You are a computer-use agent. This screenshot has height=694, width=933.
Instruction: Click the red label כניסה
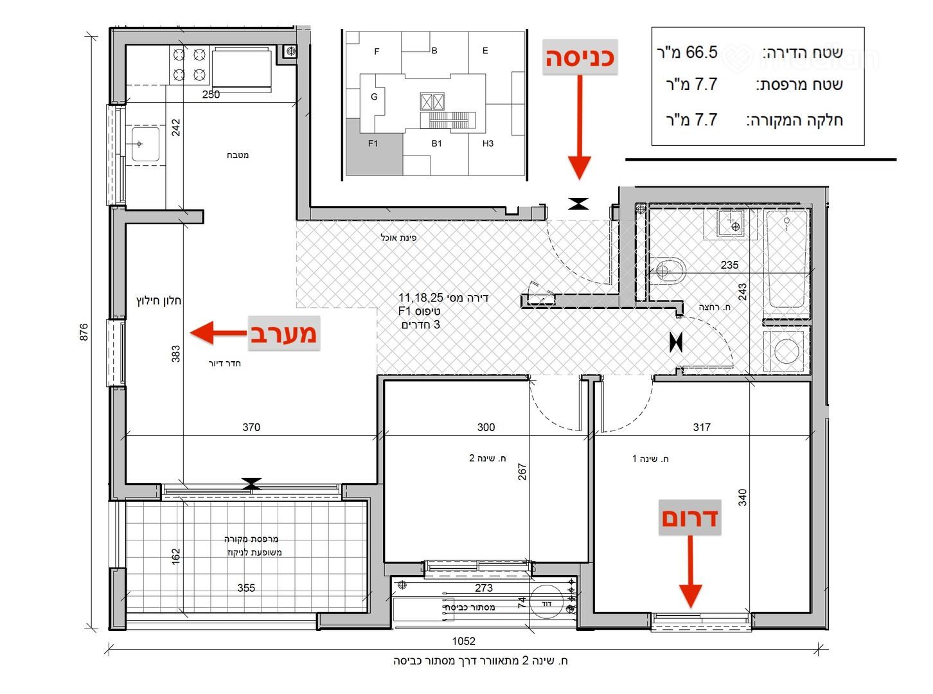pyautogui.click(x=580, y=58)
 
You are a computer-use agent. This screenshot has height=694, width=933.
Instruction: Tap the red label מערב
pyautogui.click(x=284, y=333)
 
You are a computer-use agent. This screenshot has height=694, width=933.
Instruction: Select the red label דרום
pyautogui.click(x=690, y=518)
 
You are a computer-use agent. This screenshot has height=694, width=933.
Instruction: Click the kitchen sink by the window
pyautogui.click(x=145, y=145)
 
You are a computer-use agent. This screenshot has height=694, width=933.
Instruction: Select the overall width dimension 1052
pyautogui.click(x=463, y=641)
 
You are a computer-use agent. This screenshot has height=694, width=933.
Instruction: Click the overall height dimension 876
pyautogui.click(x=84, y=332)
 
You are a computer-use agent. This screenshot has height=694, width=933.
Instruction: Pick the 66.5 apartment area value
pyautogui.click(x=701, y=53)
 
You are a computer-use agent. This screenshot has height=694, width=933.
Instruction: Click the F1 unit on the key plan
pyautogui.click(x=373, y=143)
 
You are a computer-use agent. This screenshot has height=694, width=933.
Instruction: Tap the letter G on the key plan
pyautogui.click(x=374, y=97)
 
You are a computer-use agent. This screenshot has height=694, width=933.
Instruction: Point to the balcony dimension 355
pyautogui.click(x=246, y=588)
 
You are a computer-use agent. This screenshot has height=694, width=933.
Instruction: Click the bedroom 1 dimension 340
pyautogui.click(x=742, y=497)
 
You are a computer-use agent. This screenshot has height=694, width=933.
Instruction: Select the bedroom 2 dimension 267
pyautogui.click(x=522, y=472)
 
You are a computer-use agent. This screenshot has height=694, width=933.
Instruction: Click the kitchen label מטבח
pyautogui.click(x=238, y=156)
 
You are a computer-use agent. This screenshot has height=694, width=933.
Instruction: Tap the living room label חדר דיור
pyautogui.click(x=225, y=364)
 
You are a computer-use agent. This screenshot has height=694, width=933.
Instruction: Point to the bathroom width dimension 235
pyautogui.click(x=729, y=265)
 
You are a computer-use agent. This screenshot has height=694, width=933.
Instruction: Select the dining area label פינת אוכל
pyautogui.click(x=398, y=238)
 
